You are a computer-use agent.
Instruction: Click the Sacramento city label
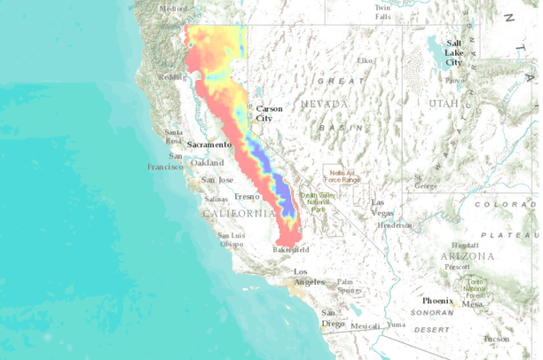(209, 143)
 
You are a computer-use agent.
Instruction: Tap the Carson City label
(269, 113)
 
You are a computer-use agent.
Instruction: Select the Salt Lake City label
(454, 52)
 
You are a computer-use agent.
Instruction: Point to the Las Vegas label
(383, 207)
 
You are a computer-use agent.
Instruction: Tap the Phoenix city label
(437, 301)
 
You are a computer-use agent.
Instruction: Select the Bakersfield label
(290, 251)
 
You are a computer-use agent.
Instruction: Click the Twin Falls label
(382, 11)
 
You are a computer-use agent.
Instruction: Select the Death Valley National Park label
(313, 200)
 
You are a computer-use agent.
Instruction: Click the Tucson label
(497, 339)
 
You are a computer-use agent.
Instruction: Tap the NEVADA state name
(324, 104)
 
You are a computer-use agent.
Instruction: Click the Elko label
(364, 60)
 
